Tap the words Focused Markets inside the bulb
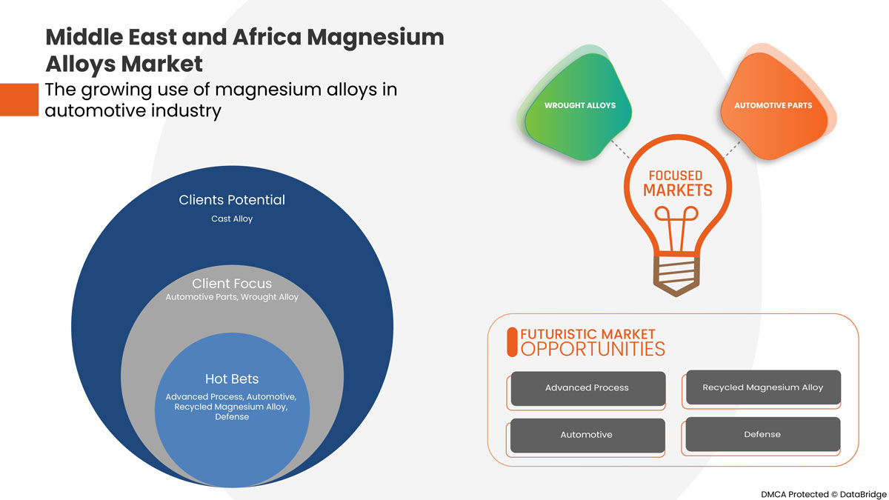tap(675, 183)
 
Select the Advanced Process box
tap(587, 388)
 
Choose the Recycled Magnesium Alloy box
tap(762, 387)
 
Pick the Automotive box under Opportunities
tap(587, 435)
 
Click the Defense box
tap(762, 434)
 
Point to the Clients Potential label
tap(232, 200)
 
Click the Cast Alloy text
tap(232, 219)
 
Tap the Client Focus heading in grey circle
tap(232, 284)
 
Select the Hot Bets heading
tap(232, 379)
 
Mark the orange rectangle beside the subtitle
tap(19, 100)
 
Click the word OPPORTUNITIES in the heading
tap(593, 349)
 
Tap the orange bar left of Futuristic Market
tap(511, 342)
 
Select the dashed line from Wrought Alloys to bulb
tap(620, 148)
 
